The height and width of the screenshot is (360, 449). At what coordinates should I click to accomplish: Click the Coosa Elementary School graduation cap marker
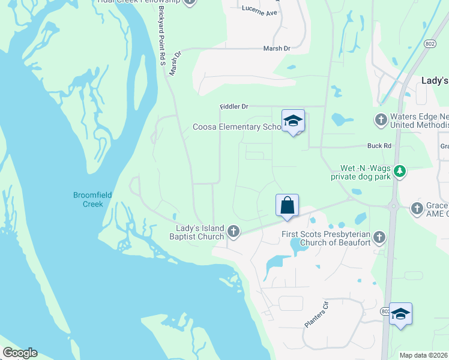click(x=293, y=121)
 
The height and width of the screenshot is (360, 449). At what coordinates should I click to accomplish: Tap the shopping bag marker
click(x=288, y=205)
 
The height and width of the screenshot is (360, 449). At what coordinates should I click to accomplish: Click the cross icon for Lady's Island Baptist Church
click(x=234, y=231)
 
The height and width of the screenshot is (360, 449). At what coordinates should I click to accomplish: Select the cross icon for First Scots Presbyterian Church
click(x=379, y=238)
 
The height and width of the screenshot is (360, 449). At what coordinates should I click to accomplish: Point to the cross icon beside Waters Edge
click(x=380, y=119)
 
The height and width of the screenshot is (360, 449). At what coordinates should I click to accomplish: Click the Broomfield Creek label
click(x=88, y=199)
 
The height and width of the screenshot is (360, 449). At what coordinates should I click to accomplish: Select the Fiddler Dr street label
click(x=234, y=106)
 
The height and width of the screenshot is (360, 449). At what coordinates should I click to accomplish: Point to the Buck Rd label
click(x=379, y=146)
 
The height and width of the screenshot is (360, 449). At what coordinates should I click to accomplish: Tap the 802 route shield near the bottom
click(x=385, y=311)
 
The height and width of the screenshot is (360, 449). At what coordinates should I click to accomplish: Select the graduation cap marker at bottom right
click(x=400, y=314)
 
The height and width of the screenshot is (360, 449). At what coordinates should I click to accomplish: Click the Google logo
click(x=19, y=353)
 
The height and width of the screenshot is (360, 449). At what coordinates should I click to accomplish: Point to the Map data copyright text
click(x=423, y=355)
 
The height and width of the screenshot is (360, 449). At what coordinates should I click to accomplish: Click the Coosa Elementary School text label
click(x=237, y=127)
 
